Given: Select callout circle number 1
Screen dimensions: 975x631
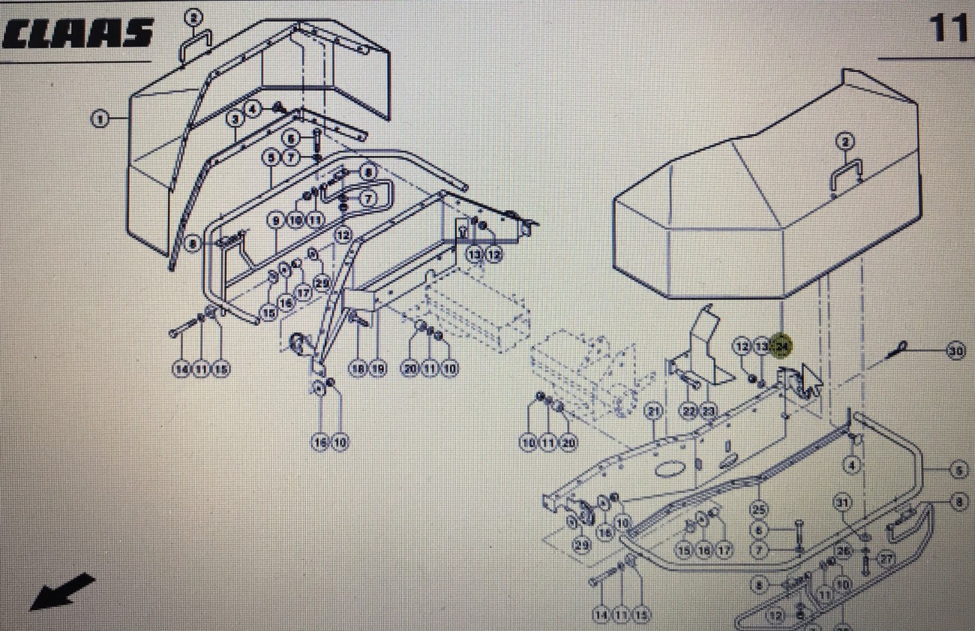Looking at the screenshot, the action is click(x=100, y=118).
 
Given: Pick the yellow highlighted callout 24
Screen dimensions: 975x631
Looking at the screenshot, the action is click(x=781, y=346).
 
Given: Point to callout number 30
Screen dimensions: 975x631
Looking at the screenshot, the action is click(x=955, y=350).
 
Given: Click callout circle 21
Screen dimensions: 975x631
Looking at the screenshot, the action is click(x=654, y=411).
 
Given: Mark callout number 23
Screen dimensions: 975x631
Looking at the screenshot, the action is click(x=708, y=411).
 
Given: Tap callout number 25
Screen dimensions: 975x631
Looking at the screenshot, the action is click(x=759, y=510).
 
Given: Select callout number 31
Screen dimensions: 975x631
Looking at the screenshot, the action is click(x=842, y=502).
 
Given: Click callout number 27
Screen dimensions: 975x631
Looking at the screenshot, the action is click(x=886, y=558).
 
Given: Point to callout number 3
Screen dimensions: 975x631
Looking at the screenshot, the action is click(x=235, y=118).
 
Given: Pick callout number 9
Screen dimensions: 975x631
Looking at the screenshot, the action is click(x=277, y=220).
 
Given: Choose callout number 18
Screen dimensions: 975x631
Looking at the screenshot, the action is click(x=358, y=368).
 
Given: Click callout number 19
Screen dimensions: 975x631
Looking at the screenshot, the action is click(x=377, y=368).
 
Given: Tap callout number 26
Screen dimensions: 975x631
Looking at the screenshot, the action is click(x=844, y=551).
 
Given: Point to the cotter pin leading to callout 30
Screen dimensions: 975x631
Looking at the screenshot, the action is click(x=900, y=348).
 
